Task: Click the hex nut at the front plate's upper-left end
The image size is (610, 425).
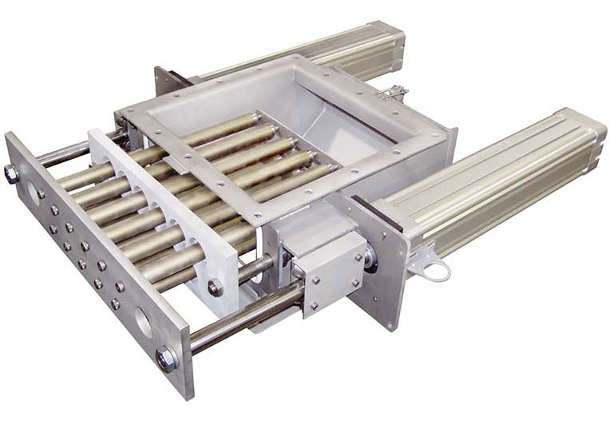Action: pyautogui.click(x=14, y=172)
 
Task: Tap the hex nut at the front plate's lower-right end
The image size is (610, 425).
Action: pyautogui.click(x=167, y=359)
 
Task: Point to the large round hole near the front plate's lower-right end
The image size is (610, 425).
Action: pyautogui.click(x=144, y=322)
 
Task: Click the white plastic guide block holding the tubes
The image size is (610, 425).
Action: pyautogui.click(x=160, y=208)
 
